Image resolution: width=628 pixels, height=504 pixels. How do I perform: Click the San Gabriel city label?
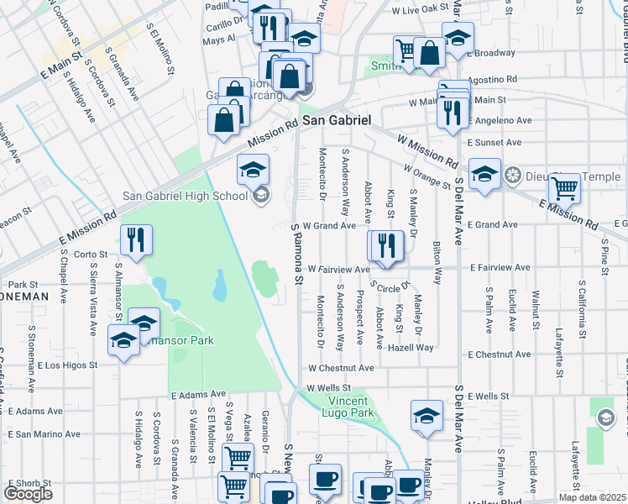[336, 120]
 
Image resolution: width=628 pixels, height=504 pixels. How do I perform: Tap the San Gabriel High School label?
[186, 196]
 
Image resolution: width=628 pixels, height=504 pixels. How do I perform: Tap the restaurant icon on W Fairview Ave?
[387, 245]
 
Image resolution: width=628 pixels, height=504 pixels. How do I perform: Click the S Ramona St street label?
[295, 253]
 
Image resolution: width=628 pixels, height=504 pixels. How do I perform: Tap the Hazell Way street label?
[411, 347]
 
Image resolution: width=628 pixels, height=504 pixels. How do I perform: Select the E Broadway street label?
[491, 52]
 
